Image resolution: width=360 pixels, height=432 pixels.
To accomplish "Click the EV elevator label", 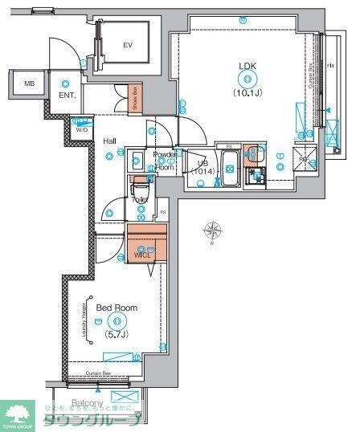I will [127, 45].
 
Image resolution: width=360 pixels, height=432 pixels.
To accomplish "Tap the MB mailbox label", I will [29, 84].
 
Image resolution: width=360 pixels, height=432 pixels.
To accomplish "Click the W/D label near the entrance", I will [81, 129].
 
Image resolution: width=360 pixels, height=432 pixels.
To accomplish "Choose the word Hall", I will [109, 141].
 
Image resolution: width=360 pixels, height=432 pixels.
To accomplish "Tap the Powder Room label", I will [165, 159].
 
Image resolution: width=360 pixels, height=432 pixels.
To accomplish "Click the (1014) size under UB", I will [205, 171].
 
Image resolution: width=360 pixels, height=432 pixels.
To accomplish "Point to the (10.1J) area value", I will [245, 92].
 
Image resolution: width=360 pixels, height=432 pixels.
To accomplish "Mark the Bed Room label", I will [117, 308].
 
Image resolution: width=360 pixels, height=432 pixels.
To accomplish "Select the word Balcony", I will [88, 402].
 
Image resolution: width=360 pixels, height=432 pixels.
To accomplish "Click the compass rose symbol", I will [213, 233].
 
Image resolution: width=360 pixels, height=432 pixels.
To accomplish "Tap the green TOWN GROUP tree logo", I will [18, 414].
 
